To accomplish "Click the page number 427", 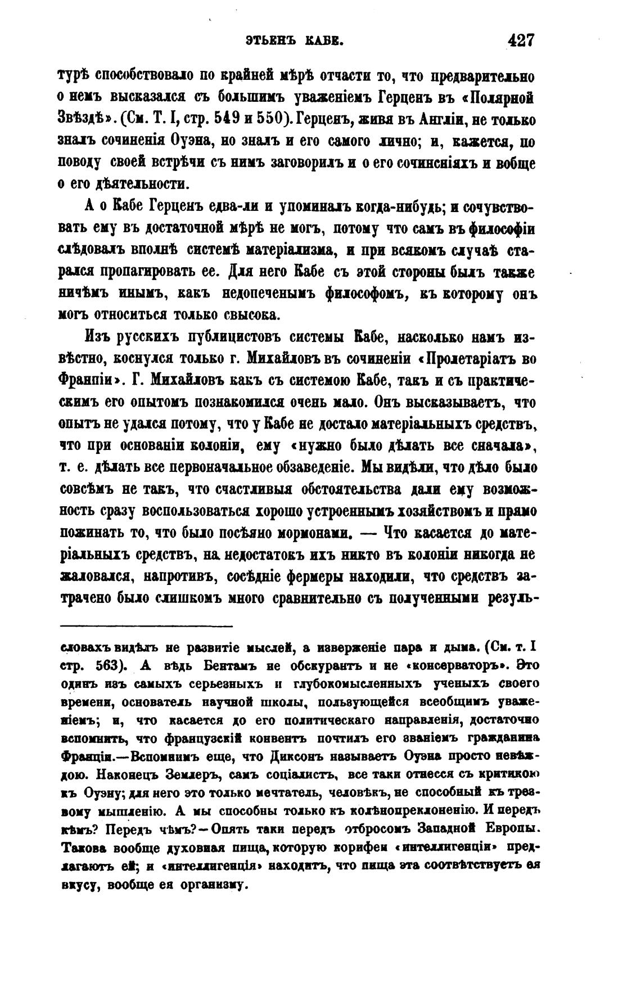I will tap(520, 41).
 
